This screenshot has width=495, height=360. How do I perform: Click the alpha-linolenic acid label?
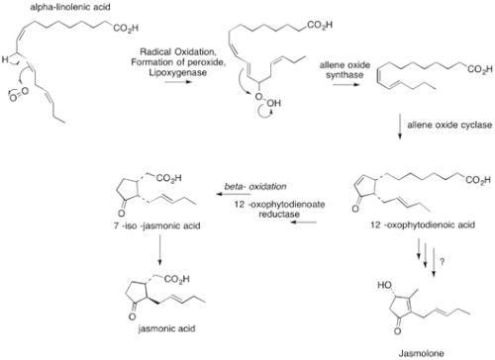(70, 7)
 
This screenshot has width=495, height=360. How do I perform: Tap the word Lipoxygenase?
(178, 72)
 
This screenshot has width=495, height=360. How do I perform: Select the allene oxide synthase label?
(345, 70)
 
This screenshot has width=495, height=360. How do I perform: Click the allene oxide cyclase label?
(449, 125)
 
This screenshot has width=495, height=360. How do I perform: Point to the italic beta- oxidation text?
(255, 187)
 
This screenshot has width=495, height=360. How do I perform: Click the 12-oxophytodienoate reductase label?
(279, 209)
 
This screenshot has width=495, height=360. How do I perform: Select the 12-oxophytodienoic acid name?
(423, 225)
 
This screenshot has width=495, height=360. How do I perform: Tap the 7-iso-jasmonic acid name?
(157, 225)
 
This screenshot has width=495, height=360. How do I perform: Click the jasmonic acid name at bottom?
(166, 328)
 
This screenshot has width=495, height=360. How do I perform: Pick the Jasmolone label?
(421, 353)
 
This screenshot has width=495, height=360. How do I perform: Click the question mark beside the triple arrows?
(443, 261)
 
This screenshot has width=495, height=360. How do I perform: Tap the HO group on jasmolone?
(384, 285)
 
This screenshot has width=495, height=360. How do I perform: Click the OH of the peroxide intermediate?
(274, 103)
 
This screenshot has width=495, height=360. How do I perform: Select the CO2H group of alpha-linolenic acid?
(126, 29)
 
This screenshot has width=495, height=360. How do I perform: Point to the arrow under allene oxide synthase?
(346, 85)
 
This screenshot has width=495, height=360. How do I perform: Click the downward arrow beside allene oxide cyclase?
(400, 127)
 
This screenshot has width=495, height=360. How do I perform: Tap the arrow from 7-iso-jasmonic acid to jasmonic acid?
(159, 250)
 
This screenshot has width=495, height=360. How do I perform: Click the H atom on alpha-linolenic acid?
(5, 59)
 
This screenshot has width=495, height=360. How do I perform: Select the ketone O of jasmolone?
(398, 330)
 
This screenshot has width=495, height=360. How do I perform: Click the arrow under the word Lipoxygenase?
(178, 81)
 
